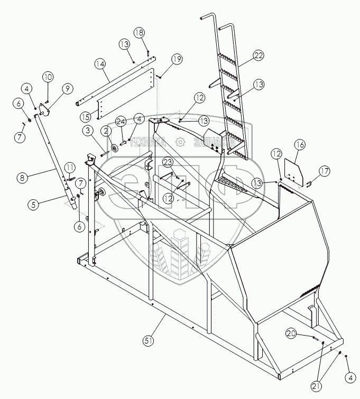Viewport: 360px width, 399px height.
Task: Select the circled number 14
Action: click(x=99, y=64)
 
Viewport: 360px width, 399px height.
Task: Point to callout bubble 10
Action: click(x=48, y=77)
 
